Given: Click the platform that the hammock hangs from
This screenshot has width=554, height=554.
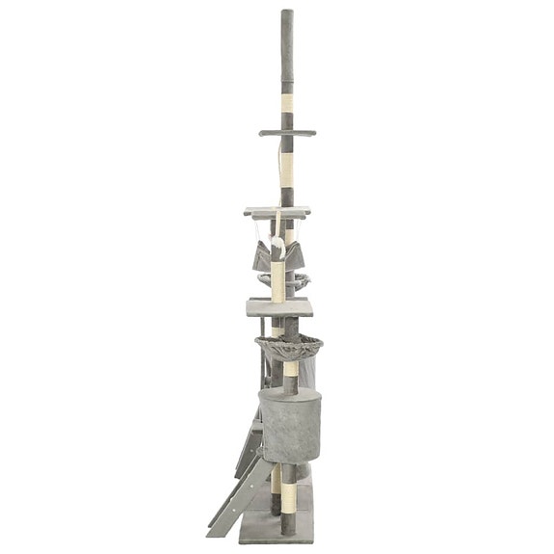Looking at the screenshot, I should (x=277, y=211).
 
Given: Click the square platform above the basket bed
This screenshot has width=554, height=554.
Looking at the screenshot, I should (x=278, y=306).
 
